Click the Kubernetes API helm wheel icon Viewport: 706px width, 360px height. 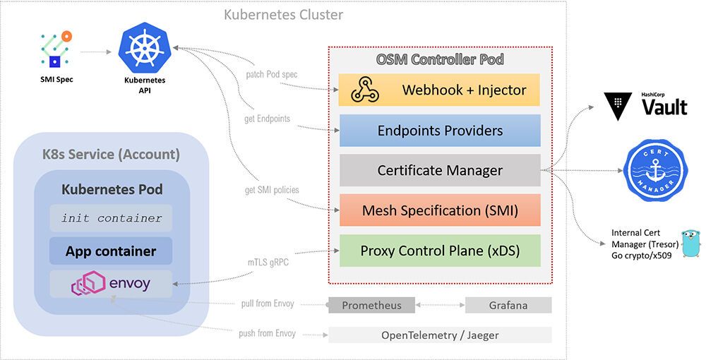[145, 47]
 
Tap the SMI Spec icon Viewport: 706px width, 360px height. [56, 49]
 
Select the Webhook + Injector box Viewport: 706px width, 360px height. [439, 90]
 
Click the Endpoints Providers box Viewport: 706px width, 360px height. [439, 130]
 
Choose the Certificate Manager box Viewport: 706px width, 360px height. [439, 170]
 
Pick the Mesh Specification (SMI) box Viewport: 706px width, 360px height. [439, 210]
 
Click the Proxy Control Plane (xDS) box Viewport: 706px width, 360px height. [439, 251]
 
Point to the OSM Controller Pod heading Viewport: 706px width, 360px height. [440, 59]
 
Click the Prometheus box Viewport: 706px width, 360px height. [371, 305]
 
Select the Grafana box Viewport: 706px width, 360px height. [508, 305]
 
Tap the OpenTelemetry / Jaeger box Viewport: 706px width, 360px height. [439, 335]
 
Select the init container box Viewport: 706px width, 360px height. [111, 218]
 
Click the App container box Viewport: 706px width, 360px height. [111, 251]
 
